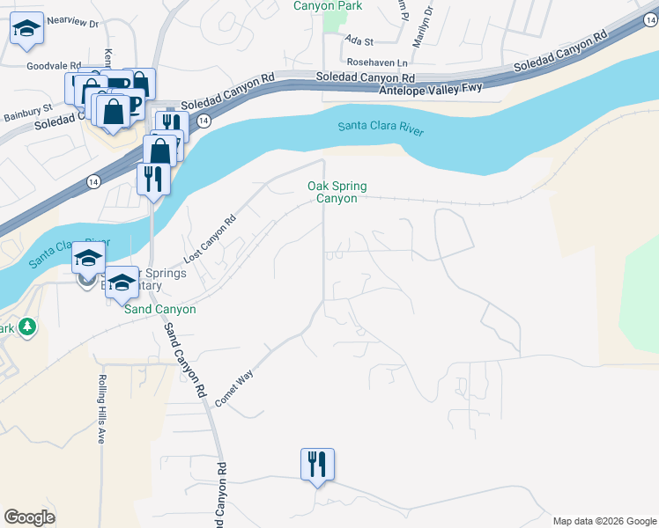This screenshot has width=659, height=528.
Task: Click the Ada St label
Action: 359,40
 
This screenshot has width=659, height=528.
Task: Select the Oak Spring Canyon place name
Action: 337,192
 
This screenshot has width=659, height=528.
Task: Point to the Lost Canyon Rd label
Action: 211,239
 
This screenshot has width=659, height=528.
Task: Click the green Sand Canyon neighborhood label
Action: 159,310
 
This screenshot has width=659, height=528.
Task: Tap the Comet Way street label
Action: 233,387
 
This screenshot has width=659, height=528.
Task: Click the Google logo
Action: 29,517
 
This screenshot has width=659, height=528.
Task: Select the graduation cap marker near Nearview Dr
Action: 26,29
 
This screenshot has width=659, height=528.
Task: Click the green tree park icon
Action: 27,326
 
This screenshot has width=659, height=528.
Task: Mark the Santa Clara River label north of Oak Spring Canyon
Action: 381,129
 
